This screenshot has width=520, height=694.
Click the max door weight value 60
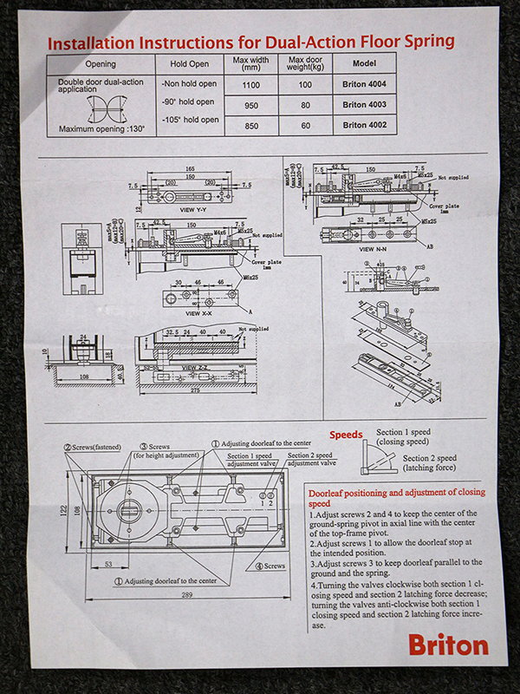click(304, 125)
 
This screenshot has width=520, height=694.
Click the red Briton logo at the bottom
click(448, 645)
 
